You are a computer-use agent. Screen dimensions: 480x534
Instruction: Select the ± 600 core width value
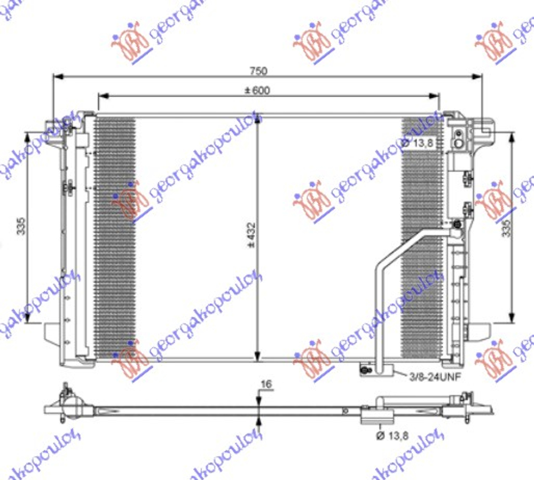tap(258, 90)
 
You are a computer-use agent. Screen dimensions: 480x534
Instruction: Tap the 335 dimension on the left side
tap(21, 226)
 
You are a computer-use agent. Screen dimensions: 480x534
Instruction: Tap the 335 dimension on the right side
tap(506, 226)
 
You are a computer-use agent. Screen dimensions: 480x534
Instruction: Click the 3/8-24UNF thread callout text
tap(433, 377)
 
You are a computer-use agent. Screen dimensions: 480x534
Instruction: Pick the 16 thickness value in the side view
tap(267, 384)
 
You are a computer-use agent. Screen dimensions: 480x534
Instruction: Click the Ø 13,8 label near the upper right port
tap(419, 143)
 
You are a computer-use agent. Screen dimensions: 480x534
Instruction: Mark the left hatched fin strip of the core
tap(115, 235)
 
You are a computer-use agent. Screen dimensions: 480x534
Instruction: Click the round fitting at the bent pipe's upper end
tap(457, 226)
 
